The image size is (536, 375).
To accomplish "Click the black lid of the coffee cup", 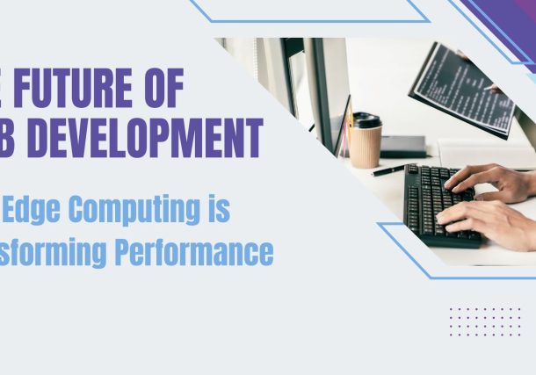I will coord(366,121).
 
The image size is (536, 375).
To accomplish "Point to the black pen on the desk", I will coord(388,170).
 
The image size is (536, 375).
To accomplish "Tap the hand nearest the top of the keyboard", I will coord(488,181).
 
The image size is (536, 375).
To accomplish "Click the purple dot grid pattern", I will coord(484,321).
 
